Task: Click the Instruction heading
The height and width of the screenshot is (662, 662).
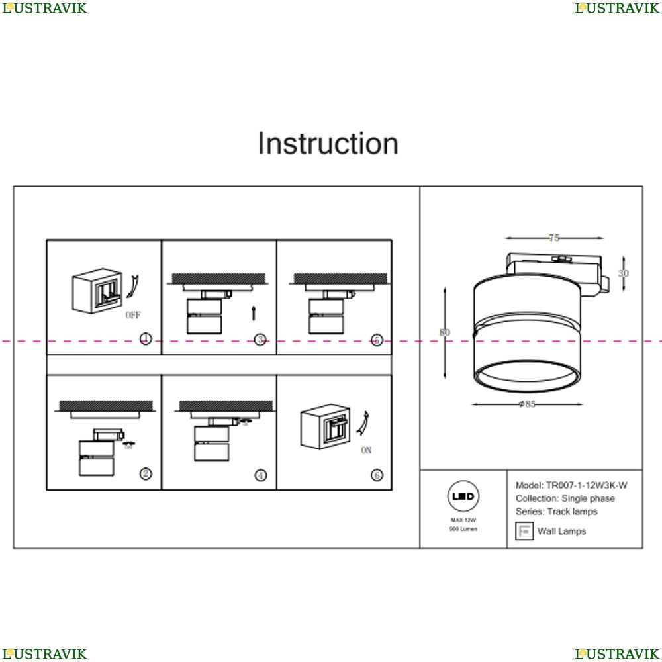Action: coord(328,144)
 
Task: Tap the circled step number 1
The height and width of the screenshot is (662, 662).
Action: coord(146,339)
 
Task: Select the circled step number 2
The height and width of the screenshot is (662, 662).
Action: coord(146,473)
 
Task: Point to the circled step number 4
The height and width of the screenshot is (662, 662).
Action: coord(261,475)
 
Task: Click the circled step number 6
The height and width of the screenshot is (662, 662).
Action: coord(377,475)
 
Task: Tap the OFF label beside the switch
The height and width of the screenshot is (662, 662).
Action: coord(133,316)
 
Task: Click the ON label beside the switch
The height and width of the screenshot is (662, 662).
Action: coord(366,451)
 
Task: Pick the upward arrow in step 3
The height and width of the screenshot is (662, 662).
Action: coord(254,312)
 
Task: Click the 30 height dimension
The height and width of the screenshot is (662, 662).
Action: coord(624,273)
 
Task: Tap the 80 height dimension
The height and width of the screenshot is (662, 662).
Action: coord(445,332)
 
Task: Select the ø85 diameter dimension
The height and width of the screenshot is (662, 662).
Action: coord(528,404)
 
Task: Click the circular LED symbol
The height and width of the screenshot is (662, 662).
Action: coord(463,496)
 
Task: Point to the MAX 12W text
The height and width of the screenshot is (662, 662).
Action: coord(463,521)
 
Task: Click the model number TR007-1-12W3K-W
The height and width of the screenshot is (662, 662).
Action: coord(586,485)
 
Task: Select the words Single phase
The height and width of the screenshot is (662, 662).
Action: coord(588,498)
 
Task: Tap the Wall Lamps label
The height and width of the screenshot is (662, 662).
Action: coord(561,531)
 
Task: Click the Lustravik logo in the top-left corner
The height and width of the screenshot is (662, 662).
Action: coord(44,8)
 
